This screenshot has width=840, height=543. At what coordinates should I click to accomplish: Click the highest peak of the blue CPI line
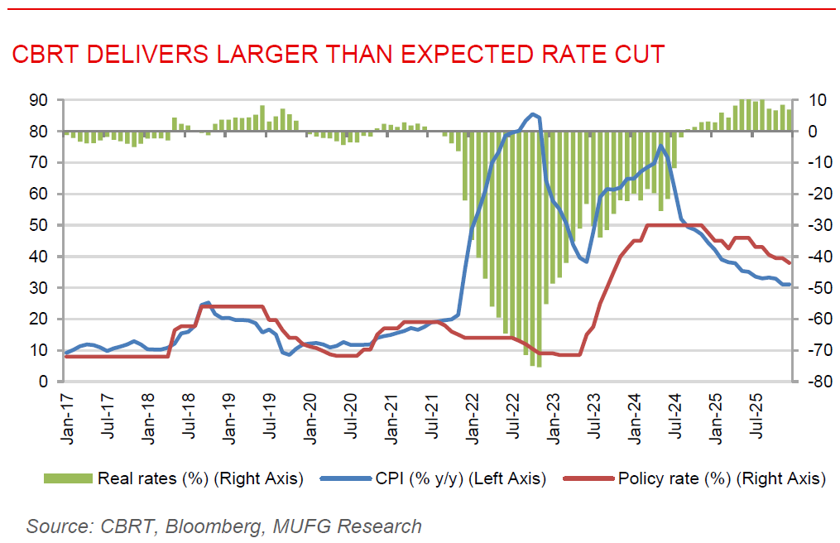[x=533, y=114]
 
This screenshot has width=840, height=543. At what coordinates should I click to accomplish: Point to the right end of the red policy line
[x=790, y=262]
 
